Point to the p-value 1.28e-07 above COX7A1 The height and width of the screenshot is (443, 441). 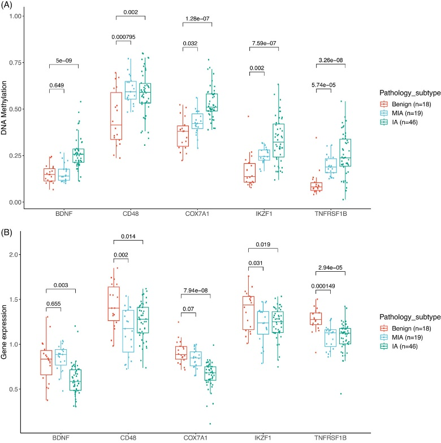pos(197,19)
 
